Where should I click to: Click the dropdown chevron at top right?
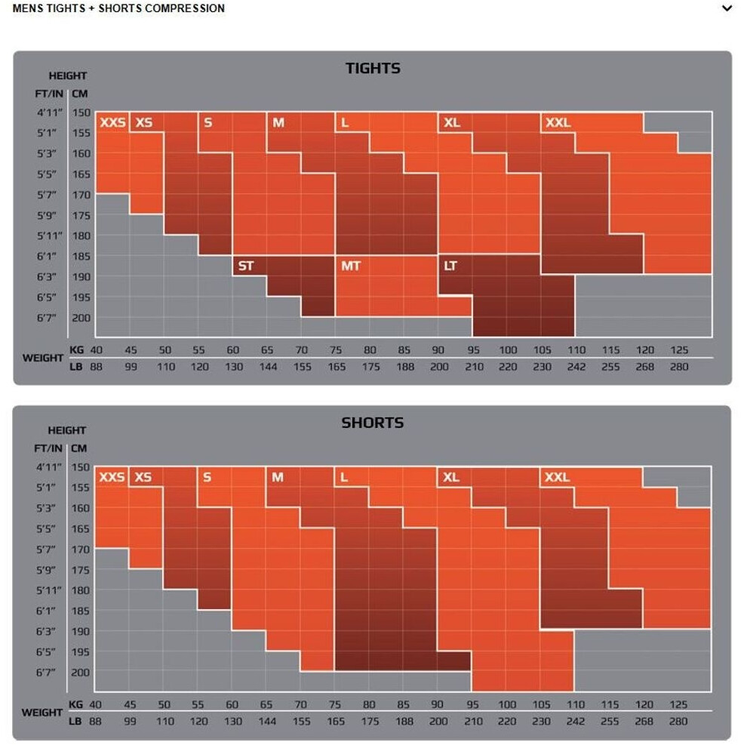tap(727, 9)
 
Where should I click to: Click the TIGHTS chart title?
tap(373, 69)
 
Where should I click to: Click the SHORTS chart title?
tap(373, 423)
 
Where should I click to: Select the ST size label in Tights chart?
tap(246, 266)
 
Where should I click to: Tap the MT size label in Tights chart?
tap(350, 266)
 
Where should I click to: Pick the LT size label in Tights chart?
tap(450, 266)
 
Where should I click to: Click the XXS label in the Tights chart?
tap(112, 122)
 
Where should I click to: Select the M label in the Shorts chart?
tap(278, 477)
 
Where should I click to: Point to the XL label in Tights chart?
tap(451, 122)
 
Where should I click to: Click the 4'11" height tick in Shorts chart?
tap(50, 467)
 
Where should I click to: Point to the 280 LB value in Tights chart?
tap(678, 367)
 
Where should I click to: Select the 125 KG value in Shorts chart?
tap(678, 704)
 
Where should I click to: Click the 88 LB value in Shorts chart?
tap(95, 722)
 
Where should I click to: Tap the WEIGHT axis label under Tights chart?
tap(43, 358)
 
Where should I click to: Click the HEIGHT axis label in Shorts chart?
tap(67, 430)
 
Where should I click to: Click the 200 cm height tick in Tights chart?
tap(81, 318)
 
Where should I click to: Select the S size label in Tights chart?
tap(208, 122)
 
